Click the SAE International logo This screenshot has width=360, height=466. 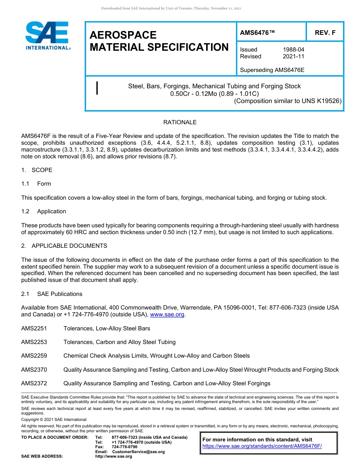coord(47,36)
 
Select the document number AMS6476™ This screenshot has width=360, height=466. coord(257,33)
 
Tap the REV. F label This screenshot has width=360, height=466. coord(325,33)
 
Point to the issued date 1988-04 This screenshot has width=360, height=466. coord(293,50)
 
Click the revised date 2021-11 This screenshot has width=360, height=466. coord(293,56)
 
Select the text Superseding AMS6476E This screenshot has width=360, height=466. coord(272,70)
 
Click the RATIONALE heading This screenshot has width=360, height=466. coord(180,122)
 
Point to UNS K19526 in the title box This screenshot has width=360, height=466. coord(321,101)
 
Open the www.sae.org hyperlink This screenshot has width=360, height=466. coord(167,315)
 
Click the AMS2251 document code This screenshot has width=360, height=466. coord(34,328)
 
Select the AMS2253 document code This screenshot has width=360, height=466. coord(34,342)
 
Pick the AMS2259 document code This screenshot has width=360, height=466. coord(34,356)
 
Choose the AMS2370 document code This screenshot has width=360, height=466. coord(34,369)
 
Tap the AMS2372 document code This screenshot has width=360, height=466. coord(34,383)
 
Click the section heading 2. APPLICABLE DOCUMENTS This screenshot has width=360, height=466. coord(64,246)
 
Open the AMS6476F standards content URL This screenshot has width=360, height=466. coord(262,446)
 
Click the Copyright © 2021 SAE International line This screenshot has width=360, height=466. coord(54,419)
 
